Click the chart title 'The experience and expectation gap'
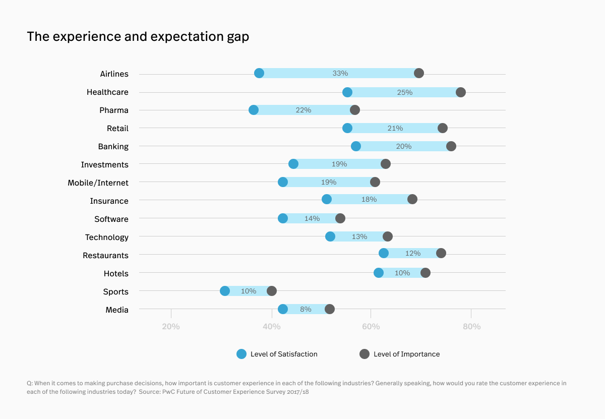click(138, 37)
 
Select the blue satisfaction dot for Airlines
click(259, 73)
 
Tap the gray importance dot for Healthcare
click(461, 92)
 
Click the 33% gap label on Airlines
click(340, 73)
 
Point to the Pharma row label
click(113, 110)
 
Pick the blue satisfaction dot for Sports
click(225, 291)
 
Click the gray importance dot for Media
click(330, 309)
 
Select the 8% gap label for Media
click(306, 309)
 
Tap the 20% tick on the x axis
click(171, 326)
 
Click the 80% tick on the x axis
click(471, 326)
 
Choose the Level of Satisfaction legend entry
click(277, 354)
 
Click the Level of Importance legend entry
click(400, 354)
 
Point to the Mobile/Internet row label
click(98, 183)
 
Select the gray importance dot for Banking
click(451, 146)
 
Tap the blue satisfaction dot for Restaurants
click(384, 253)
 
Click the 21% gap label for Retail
click(395, 128)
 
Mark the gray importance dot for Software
click(340, 218)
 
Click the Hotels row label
click(116, 274)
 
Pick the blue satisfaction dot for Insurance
click(327, 199)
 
